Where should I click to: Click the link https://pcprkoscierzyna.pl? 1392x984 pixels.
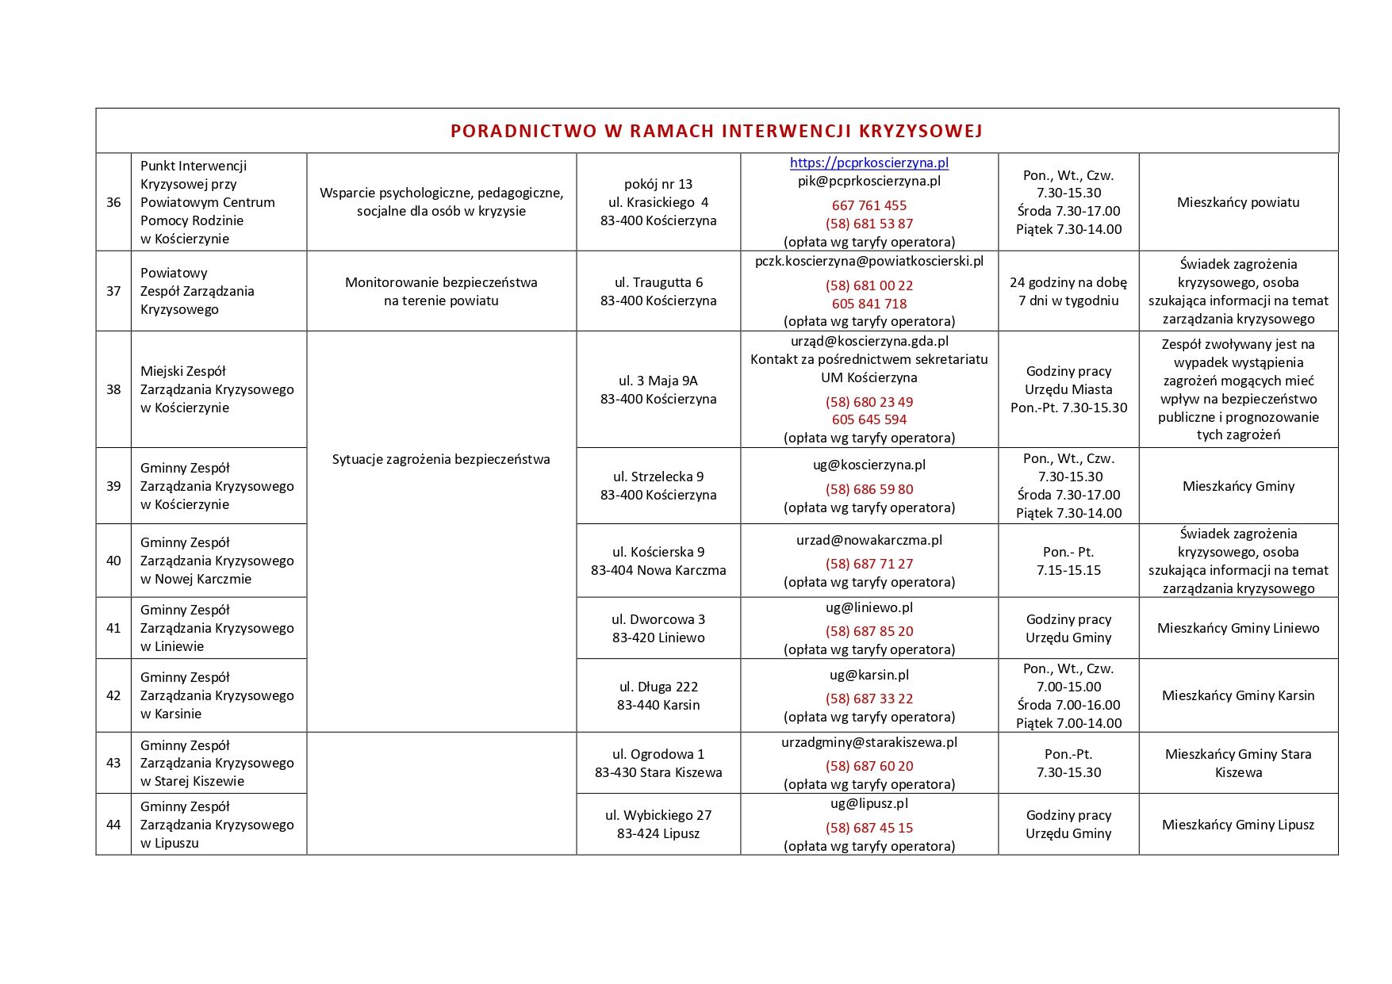click(x=869, y=163)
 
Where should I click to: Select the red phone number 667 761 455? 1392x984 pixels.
click(x=869, y=205)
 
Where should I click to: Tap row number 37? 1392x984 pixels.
click(x=113, y=291)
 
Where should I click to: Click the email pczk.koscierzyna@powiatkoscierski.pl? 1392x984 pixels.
click(x=869, y=261)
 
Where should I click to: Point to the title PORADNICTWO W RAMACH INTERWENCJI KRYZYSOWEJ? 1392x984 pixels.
click(x=716, y=131)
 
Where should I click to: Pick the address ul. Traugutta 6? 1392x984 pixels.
click(x=658, y=282)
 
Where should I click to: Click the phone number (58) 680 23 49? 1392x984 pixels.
click(x=869, y=402)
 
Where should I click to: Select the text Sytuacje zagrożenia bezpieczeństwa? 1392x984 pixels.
click(x=441, y=459)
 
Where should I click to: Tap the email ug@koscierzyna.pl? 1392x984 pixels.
click(x=869, y=465)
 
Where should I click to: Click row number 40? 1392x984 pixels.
click(x=113, y=561)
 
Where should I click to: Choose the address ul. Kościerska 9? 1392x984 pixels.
click(x=658, y=552)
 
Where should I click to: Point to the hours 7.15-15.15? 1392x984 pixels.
click(x=1068, y=570)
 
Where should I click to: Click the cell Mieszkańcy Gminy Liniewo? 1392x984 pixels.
click(x=1238, y=628)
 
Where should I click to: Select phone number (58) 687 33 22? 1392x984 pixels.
click(x=869, y=699)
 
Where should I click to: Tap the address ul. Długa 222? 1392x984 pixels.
click(x=658, y=687)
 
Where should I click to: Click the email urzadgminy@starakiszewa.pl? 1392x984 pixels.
click(x=869, y=742)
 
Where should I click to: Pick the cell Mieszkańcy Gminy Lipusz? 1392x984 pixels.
click(x=1238, y=825)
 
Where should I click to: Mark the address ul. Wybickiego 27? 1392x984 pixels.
click(x=658, y=815)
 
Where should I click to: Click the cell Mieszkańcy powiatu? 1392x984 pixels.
click(x=1238, y=202)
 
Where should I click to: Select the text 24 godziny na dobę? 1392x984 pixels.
click(x=1068, y=282)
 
